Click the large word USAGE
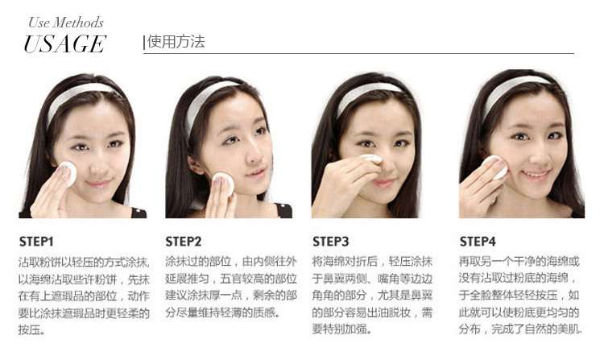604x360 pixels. coord(64,43)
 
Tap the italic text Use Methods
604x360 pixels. coord(66,23)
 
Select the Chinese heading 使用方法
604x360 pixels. coord(176,42)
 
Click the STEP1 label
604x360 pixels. coord(36,242)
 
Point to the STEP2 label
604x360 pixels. coord(184,242)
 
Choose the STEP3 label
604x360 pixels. coord(330,242)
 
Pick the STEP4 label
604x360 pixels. coord(478,242)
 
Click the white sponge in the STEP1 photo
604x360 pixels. coord(68,173)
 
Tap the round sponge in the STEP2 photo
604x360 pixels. coord(224,184)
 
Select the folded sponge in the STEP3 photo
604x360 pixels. coord(370,159)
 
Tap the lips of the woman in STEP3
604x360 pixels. coord(383,182)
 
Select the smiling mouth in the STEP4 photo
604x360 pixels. coord(536,176)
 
